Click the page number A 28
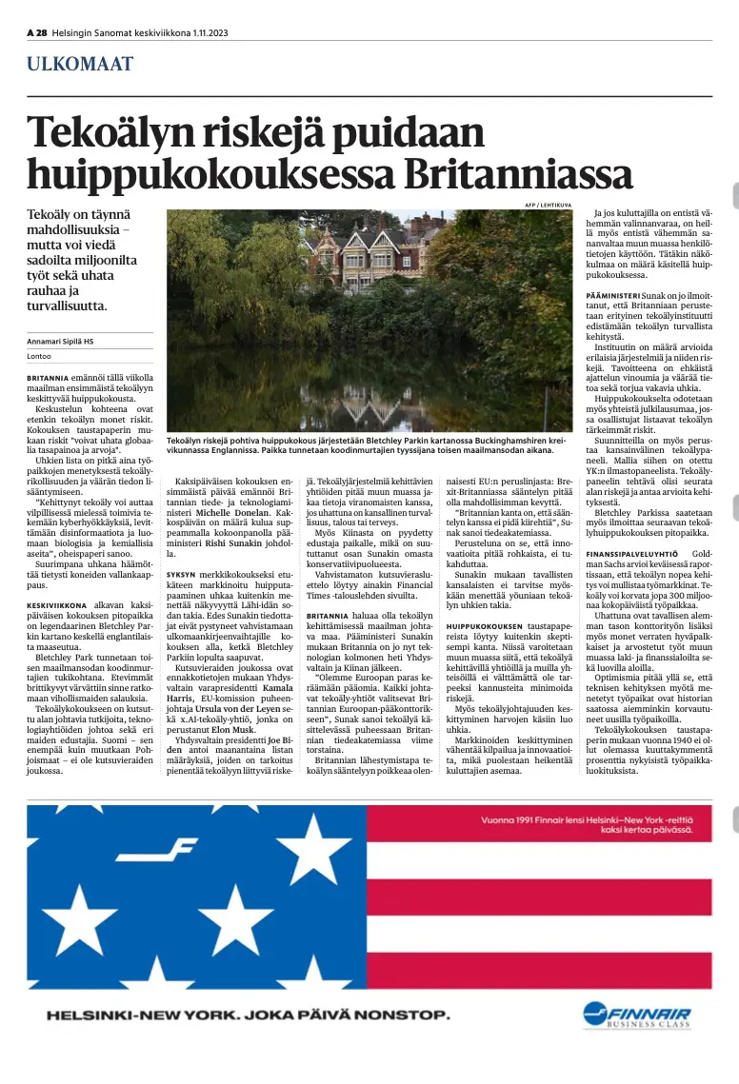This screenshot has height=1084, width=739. pyautogui.click(x=36, y=33)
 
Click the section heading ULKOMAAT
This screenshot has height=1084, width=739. pyautogui.click(x=80, y=65)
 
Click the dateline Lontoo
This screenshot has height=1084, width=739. pyautogui.click(x=39, y=357)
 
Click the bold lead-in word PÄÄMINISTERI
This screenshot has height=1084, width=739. pyautogui.click(x=612, y=297)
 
